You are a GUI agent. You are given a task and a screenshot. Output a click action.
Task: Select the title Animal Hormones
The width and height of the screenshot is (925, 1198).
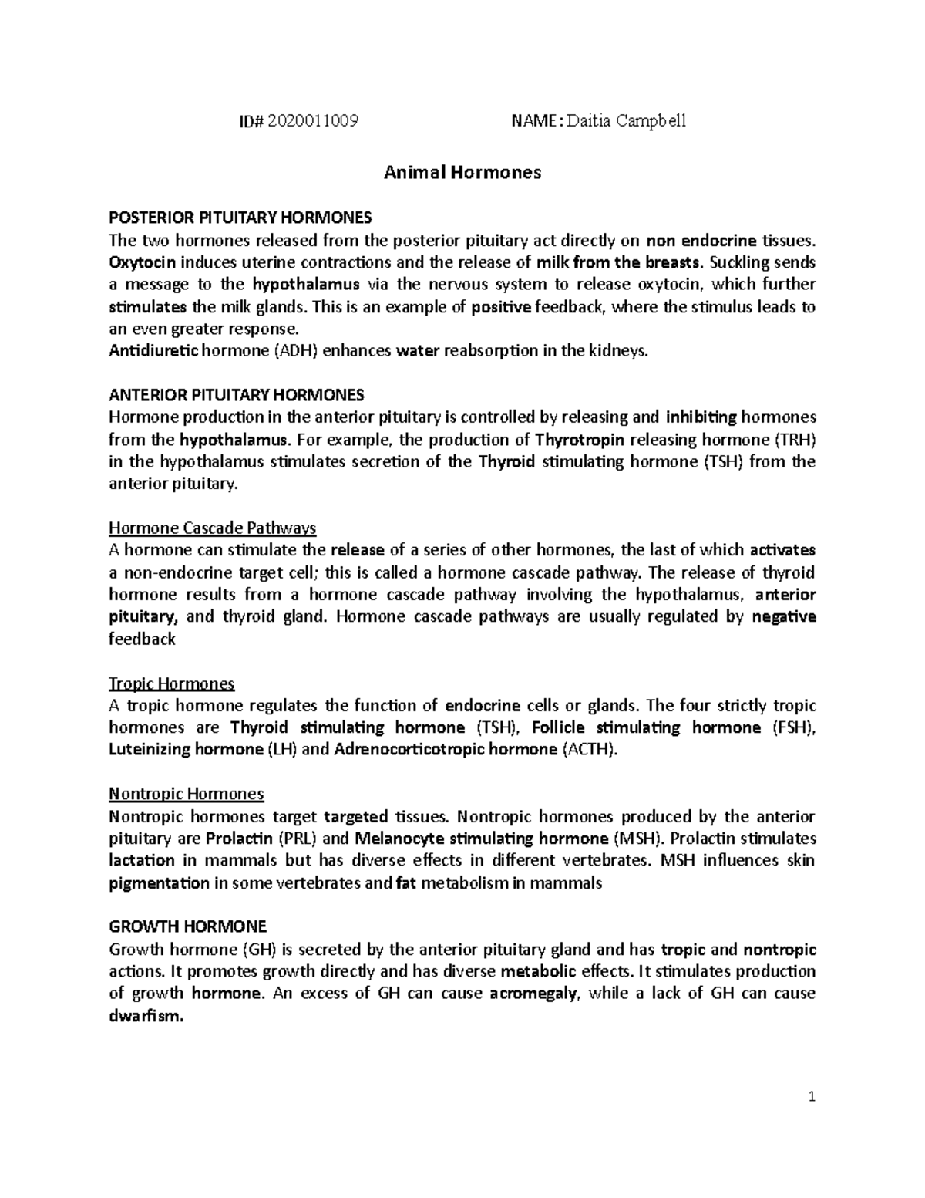[x=462, y=172]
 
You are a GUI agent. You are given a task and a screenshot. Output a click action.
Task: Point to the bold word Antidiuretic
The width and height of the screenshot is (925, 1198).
[x=153, y=351]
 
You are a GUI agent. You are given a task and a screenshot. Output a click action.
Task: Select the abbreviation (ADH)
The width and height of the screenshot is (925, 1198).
[x=294, y=351]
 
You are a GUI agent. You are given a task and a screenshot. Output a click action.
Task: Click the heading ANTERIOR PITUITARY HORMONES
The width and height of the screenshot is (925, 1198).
[x=236, y=396]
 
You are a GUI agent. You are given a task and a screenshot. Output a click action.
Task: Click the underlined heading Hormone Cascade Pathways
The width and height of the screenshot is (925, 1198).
[x=213, y=528]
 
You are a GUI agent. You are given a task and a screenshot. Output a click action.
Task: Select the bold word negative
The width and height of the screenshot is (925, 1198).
[x=783, y=617]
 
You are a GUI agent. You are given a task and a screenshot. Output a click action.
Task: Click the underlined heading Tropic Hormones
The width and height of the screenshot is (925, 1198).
[x=172, y=684]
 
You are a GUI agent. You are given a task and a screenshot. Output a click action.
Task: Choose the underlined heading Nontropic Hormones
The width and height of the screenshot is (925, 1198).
[x=187, y=794]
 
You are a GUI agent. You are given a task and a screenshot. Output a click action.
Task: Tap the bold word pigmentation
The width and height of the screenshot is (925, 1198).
[x=159, y=883]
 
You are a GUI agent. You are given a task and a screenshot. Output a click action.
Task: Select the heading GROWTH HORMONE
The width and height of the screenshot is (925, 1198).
[x=188, y=926]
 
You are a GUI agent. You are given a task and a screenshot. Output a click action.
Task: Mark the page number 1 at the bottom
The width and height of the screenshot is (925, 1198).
[x=812, y=1097]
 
